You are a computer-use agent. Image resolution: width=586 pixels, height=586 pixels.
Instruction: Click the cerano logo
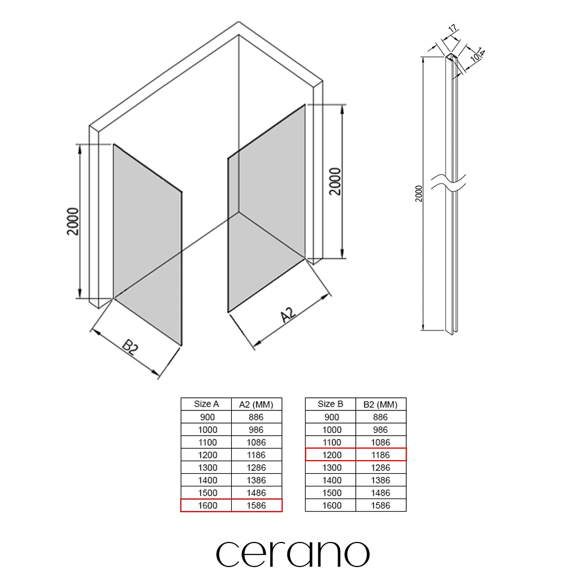click(292, 554)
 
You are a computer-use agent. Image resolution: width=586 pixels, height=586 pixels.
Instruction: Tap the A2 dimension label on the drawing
click(288, 315)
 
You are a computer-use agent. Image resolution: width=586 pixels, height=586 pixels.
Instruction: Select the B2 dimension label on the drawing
click(130, 347)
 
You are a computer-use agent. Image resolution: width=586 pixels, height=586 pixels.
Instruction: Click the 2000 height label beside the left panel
click(73, 221)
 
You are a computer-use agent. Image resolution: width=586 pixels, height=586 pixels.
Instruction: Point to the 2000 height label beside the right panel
click(335, 181)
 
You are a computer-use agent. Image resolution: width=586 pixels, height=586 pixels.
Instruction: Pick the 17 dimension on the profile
click(453, 29)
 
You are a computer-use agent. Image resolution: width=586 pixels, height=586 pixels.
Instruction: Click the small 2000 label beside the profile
click(418, 193)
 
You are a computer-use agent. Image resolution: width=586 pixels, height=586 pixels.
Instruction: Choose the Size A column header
click(206, 404)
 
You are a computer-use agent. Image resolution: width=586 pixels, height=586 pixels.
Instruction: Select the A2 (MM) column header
click(256, 405)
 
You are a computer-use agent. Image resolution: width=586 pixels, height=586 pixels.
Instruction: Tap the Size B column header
click(330, 404)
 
